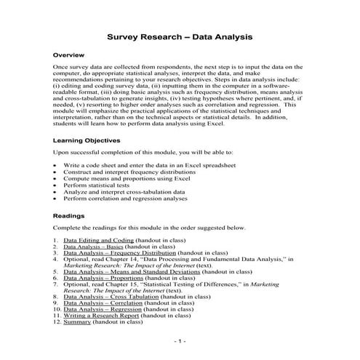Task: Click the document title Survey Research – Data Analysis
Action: (180, 36)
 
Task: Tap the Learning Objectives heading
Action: (91, 140)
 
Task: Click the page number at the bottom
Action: (180, 340)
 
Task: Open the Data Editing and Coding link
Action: (98, 240)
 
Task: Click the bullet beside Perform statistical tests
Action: (56, 185)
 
